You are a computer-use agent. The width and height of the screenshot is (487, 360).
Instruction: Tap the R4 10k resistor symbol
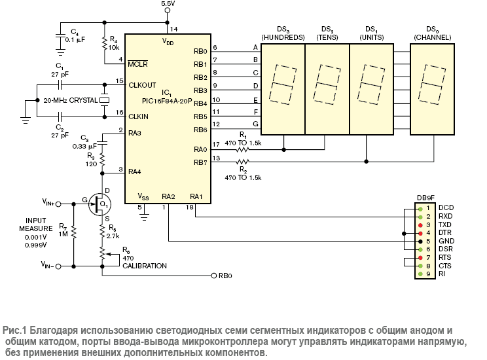[105, 43]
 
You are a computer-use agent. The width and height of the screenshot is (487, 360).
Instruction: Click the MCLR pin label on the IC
[137, 63]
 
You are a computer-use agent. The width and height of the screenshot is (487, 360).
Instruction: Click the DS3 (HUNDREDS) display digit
[283, 86]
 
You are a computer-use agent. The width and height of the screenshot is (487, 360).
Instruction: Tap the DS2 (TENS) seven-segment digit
[327, 86]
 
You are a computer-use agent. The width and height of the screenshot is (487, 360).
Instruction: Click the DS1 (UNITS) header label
[372, 33]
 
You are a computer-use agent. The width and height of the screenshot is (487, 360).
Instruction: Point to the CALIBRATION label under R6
[145, 266]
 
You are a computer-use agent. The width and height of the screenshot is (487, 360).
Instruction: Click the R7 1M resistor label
[63, 230]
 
